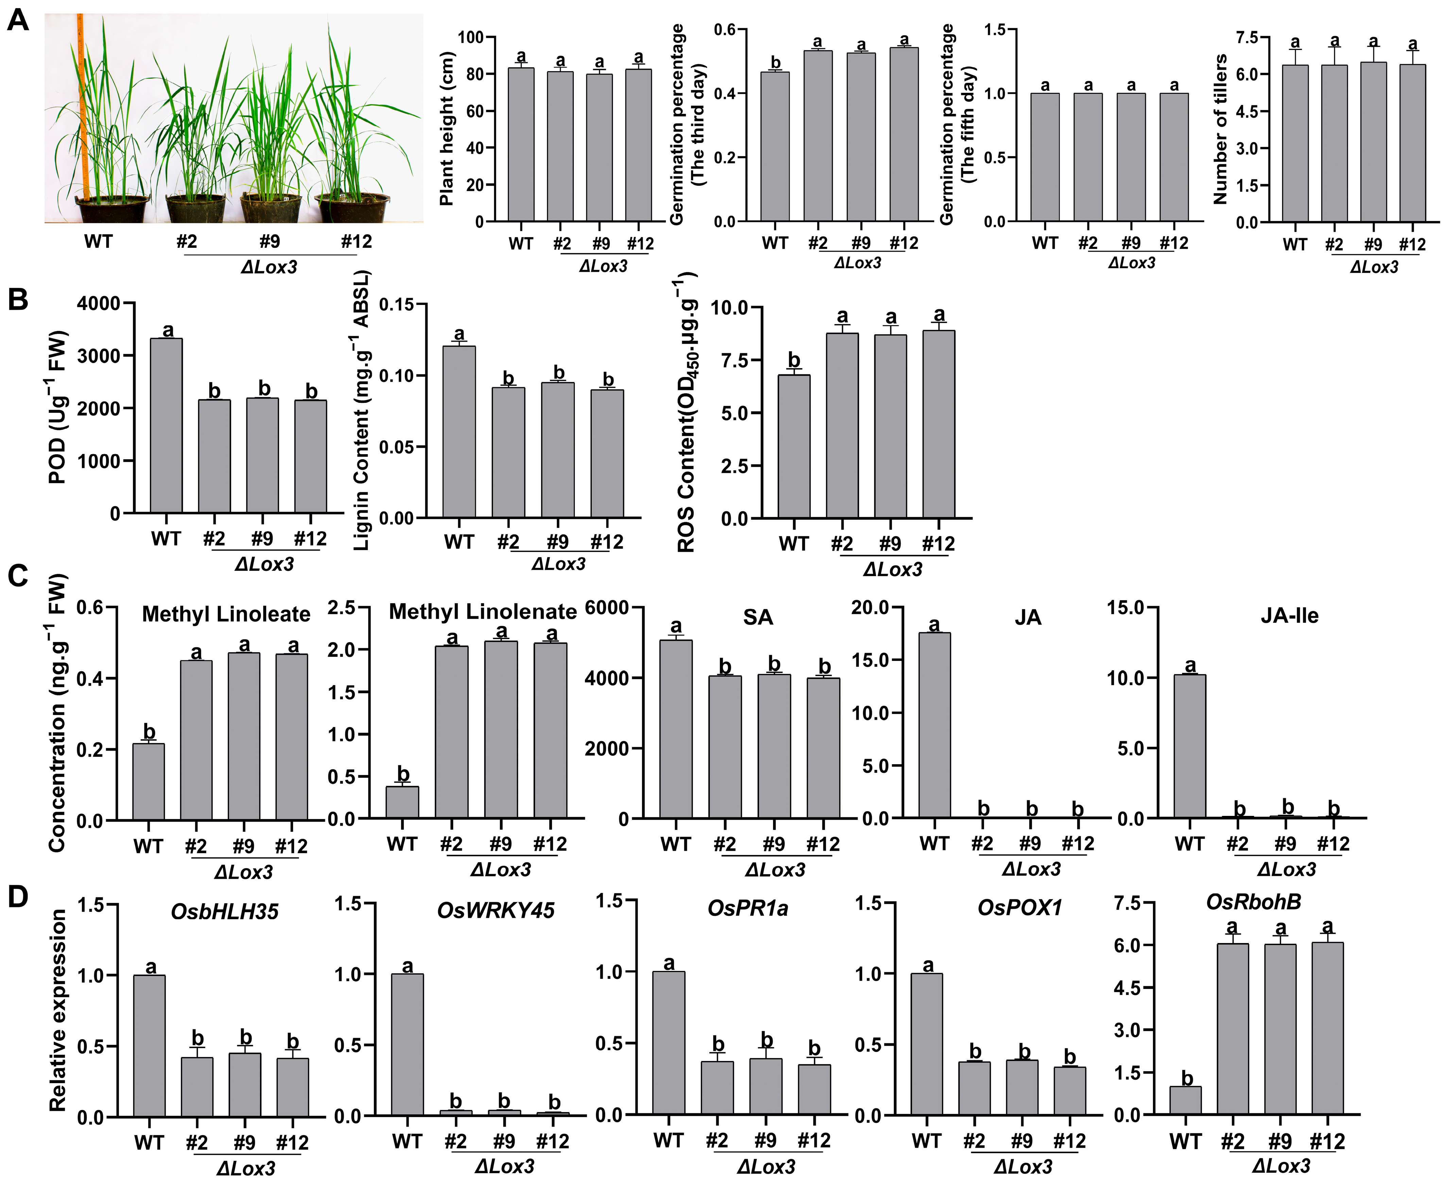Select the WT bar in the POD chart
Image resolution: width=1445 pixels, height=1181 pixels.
(x=166, y=425)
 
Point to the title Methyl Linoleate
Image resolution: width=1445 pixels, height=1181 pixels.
(x=226, y=614)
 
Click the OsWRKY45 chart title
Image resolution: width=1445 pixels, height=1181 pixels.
(x=495, y=910)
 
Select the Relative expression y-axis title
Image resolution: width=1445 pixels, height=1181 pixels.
(x=58, y=1010)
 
